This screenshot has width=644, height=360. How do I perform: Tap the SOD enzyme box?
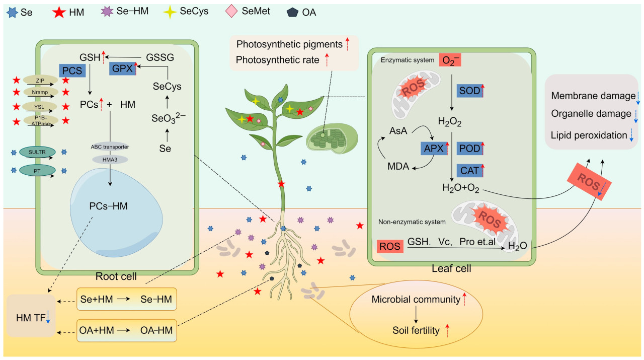pyautogui.click(x=469, y=91)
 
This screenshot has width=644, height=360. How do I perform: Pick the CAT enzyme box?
pyautogui.click(x=469, y=171)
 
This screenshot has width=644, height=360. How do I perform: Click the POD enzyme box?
pyautogui.click(x=469, y=148)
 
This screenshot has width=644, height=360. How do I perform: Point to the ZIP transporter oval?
pyautogui.click(x=40, y=80)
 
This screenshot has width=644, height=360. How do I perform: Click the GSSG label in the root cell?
pyautogui.click(x=159, y=57)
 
